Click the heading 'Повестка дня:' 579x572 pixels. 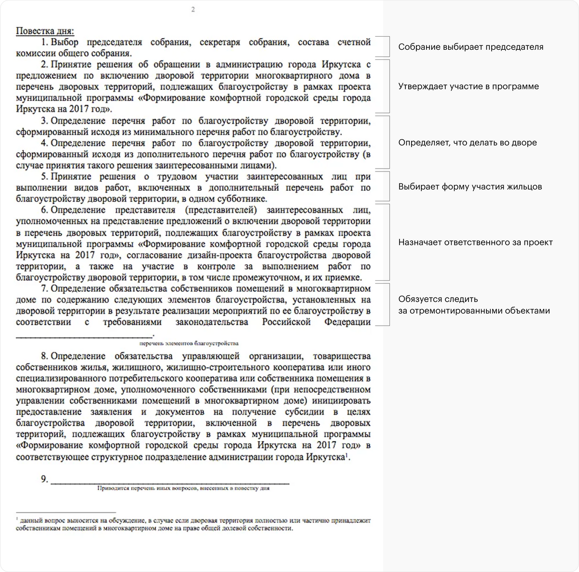(45, 31)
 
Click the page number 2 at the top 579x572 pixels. (193, 9)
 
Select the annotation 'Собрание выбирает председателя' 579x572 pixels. (470, 47)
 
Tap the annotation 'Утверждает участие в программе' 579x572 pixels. (468, 86)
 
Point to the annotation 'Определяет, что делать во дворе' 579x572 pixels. (467, 143)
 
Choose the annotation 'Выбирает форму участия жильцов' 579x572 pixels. (470, 187)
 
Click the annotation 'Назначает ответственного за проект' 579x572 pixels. (475, 243)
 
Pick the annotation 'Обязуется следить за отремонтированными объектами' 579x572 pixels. (474, 305)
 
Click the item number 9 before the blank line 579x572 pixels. (44, 479)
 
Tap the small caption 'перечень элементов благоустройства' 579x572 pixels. (189, 343)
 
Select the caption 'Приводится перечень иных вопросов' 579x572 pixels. (183, 488)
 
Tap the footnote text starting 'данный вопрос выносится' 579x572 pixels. (193, 524)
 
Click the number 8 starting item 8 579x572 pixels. (44, 357)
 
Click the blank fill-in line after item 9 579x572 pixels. (170, 482)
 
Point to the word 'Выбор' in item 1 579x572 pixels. (64, 43)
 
